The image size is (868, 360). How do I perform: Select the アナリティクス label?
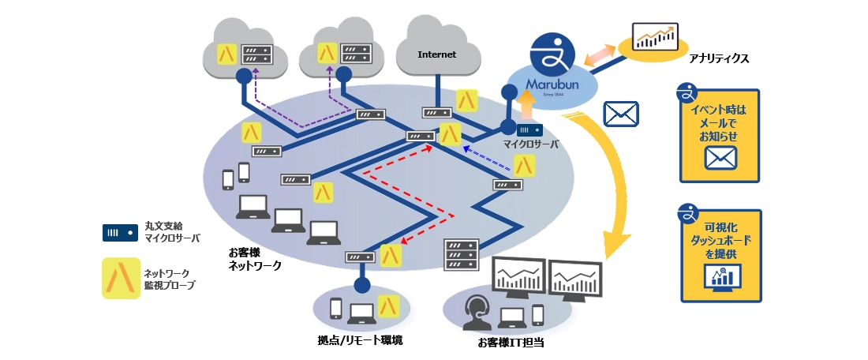718,59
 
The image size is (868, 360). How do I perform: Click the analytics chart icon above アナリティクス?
655,37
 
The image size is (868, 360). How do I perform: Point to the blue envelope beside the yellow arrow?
620,114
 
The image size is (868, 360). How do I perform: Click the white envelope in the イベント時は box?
721,159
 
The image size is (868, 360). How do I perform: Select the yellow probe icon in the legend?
121,279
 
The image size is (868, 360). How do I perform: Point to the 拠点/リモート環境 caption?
360,340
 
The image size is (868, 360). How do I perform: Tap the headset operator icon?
475,312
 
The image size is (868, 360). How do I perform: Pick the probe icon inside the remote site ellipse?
387,306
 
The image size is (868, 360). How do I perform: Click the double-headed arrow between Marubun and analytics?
601,55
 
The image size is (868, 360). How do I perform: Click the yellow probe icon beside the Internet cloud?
468,99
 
